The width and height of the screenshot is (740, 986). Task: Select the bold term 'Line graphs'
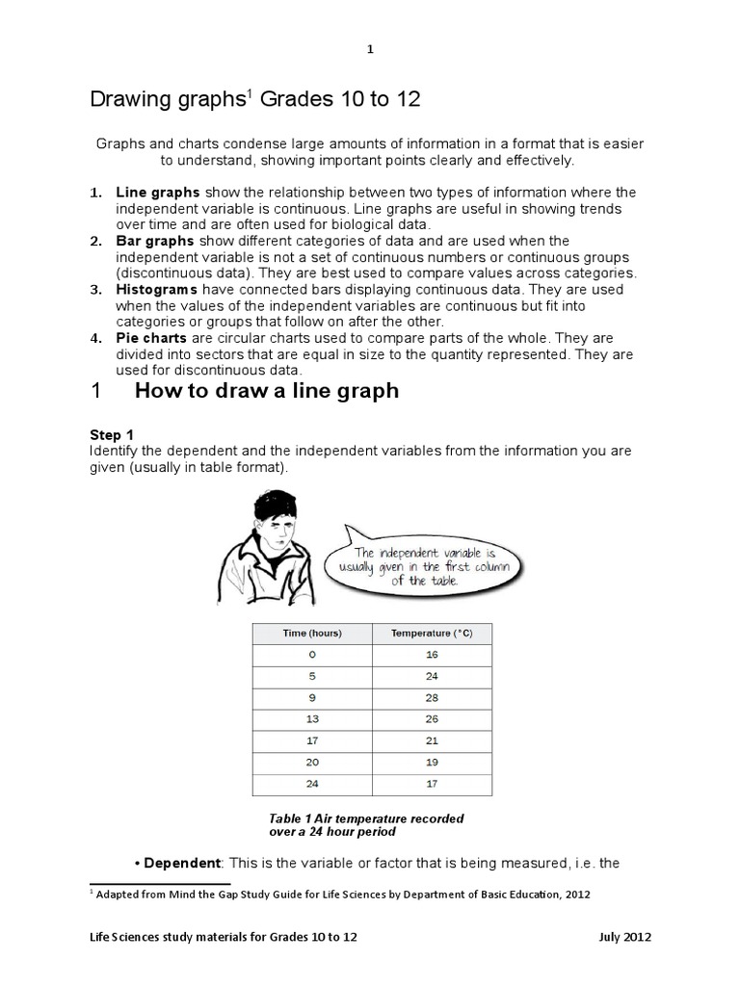coord(157,193)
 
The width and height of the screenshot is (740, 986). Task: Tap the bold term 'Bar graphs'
coord(154,241)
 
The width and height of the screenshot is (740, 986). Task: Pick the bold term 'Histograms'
coord(157,289)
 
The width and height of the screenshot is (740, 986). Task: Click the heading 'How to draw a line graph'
coord(266,391)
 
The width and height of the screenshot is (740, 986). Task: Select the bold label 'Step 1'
coord(110,435)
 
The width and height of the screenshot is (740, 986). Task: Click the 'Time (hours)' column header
coord(312,633)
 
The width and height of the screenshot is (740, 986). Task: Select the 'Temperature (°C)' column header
coord(432,633)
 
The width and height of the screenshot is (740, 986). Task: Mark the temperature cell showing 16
coord(432,654)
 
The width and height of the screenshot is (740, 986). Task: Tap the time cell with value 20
coord(312,761)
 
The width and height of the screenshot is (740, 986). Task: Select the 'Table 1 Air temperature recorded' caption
coord(366,818)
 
